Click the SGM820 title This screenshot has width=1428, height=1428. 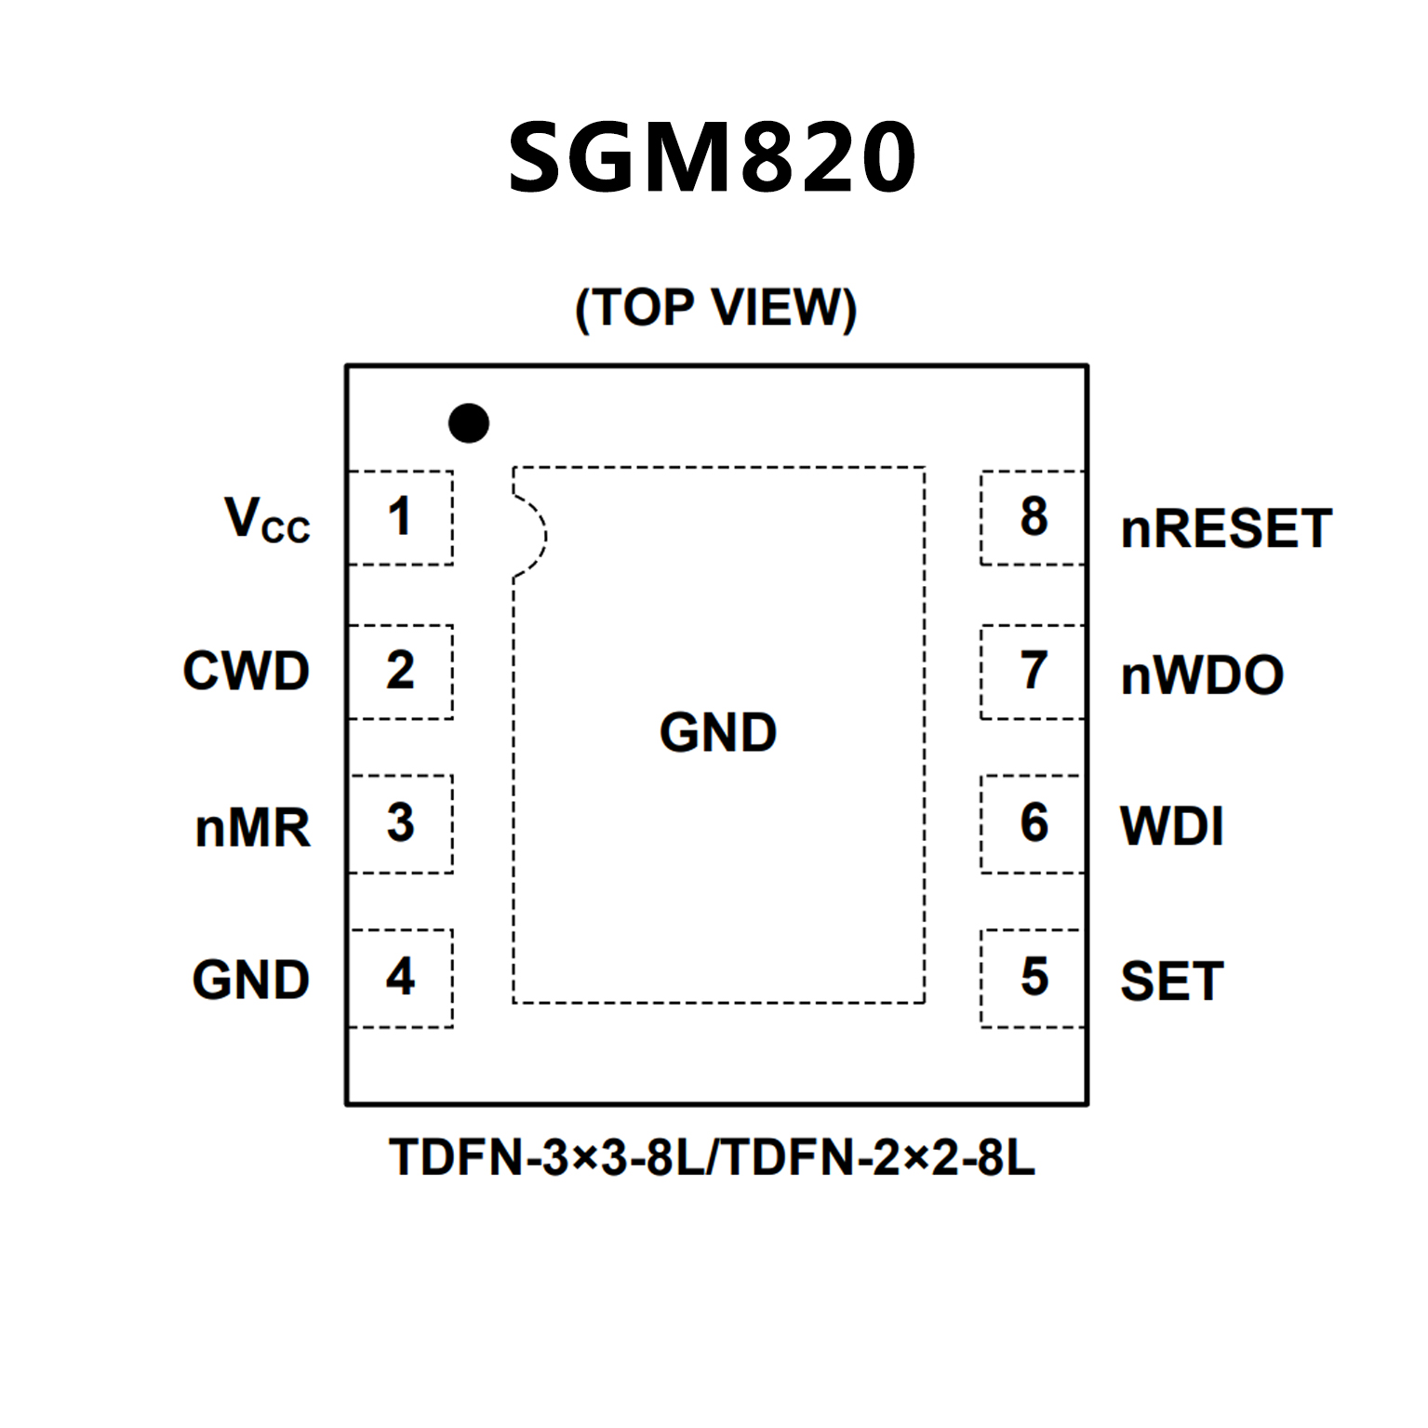point(713,157)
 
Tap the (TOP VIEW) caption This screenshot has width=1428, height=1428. point(714,308)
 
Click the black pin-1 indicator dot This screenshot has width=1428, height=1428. point(469,423)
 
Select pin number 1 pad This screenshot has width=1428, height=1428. point(400,517)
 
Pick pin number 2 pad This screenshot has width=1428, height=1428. point(400,671)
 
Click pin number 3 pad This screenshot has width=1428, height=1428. point(400,823)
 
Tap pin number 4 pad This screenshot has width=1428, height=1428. point(400,977)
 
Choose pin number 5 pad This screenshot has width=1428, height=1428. point(1033,977)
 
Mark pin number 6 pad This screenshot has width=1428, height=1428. point(1033,823)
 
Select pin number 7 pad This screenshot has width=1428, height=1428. point(1033,671)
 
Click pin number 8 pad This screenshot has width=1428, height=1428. point(1033,517)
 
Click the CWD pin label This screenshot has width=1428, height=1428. point(247,671)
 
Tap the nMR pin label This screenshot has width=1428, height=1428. point(252,827)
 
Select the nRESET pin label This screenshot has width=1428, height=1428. point(1226,528)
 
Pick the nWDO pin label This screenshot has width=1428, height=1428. point(1202,675)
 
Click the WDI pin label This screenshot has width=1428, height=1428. point(1172,826)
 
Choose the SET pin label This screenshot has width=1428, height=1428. point(1172,981)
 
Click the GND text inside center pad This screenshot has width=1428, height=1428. point(718,732)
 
